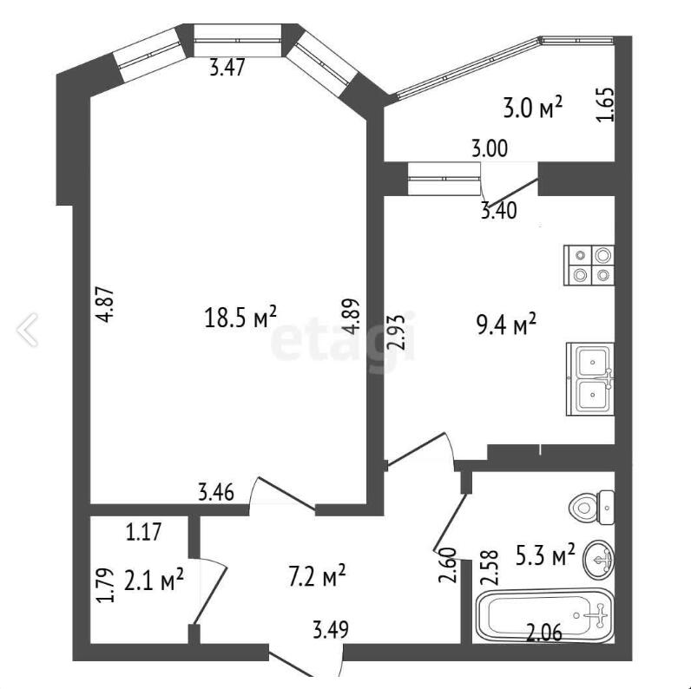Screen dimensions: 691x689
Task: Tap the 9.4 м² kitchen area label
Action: [507, 325]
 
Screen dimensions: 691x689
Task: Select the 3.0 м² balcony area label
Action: [533, 108]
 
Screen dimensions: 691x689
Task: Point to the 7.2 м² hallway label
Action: [317, 576]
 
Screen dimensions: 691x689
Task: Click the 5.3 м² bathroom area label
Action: [545, 555]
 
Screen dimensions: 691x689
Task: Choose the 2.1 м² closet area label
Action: [155, 580]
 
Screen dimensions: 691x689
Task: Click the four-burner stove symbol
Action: [589, 265]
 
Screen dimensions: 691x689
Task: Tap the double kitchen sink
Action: [590, 379]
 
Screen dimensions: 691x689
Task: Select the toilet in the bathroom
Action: [592, 508]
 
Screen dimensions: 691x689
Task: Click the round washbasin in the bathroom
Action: [598, 559]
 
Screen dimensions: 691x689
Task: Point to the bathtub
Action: [545, 615]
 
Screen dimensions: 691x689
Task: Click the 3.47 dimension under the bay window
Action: [227, 69]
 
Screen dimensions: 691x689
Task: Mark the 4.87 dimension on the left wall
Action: [107, 305]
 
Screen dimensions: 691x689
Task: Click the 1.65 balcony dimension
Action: [604, 105]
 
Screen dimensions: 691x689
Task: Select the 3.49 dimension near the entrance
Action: [331, 629]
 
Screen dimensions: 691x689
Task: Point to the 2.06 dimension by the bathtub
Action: [544, 633]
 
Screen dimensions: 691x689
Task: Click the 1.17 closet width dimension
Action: [143, 531]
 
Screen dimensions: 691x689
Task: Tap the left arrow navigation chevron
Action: [27, 330]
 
